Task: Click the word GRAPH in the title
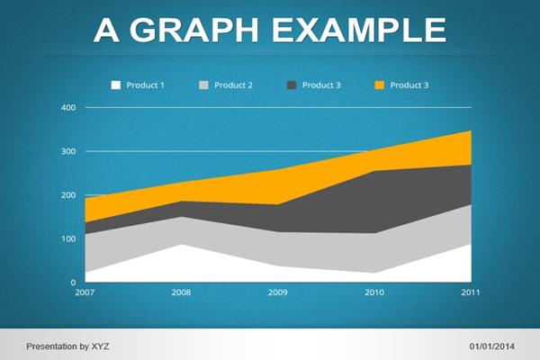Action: (193, 30)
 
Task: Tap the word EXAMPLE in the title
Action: (359, 30)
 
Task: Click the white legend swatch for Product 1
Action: (116, 85)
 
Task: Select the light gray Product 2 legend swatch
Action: (204, 85)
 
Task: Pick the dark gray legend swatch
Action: (292, 85)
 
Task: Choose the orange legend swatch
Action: (380, 85)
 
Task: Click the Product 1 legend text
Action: (145, 85)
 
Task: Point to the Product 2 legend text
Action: (233, 85)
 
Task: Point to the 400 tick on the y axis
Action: (68, 107)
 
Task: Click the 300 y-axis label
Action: (68, 151)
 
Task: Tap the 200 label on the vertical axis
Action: (68, 195)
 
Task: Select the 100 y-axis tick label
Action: (68, 238)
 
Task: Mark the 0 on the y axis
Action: (73, 283)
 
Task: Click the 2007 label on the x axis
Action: (85, 292)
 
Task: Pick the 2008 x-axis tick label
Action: (181, 292)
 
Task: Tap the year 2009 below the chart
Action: (277, 292)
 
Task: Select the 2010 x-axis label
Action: (374, 292)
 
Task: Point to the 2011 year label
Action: (471, 292)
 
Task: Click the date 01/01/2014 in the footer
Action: (491, 346)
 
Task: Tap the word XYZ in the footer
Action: (100, 346)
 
